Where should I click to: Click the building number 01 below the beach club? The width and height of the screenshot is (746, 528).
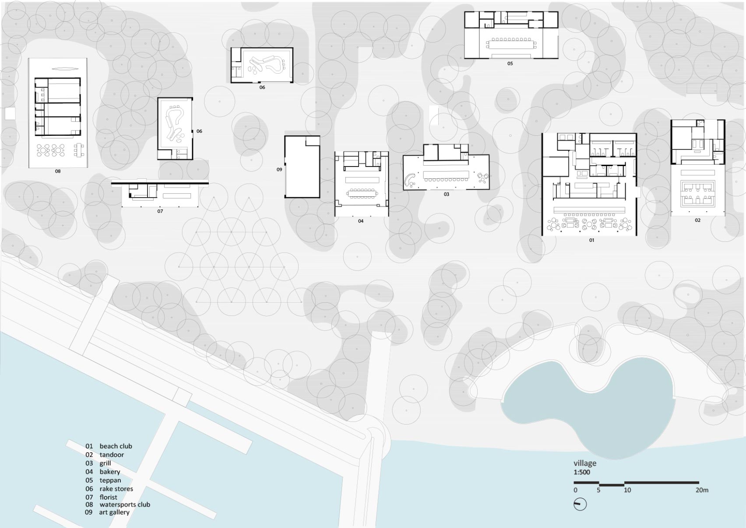(591, 240)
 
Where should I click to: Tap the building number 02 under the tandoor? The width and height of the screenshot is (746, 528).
(697, 220)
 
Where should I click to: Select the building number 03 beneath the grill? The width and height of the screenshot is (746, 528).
(446, 195)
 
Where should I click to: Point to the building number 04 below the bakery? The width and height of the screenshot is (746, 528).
(361, 221)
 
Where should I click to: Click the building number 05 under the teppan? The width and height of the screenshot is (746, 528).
(510, 64)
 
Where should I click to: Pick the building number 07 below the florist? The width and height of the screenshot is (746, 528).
(160, 211)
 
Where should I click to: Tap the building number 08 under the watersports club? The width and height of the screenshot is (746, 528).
(58, 171)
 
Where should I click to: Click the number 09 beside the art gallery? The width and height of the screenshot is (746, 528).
(279, 170)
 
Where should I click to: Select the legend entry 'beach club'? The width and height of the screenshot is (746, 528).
(116, 446)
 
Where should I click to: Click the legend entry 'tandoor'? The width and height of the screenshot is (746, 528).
(112, 455)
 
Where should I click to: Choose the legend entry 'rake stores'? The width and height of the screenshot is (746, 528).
(116, 489)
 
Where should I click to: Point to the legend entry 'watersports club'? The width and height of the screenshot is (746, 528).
(125, 505)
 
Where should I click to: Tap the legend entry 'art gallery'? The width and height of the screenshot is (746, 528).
(114, 512)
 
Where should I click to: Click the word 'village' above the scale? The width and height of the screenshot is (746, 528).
(585, 463)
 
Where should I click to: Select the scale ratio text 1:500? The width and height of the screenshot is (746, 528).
(581, 472)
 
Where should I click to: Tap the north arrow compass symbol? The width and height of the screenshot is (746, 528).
(580, 504)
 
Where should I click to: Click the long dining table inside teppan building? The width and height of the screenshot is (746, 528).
(511, 44)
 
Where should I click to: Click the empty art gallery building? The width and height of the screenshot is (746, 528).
(302, 167)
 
